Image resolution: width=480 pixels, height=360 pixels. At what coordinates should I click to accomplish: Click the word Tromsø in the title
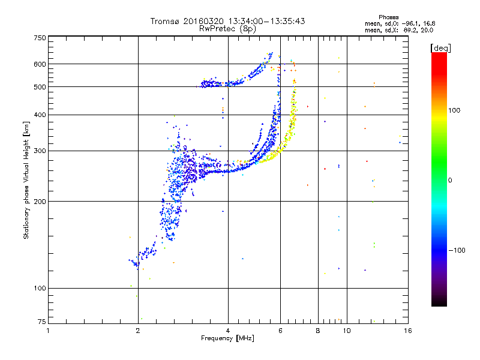pyautogui.click(x=166, y=21)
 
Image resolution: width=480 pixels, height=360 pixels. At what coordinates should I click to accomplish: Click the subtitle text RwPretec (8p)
pyautogui.click(x=227, y=29)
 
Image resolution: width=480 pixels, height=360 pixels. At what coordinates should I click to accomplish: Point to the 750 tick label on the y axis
pyautogui.click(x=40, y=38)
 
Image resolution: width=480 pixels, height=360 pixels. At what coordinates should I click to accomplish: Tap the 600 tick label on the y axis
pyautogui.click(x=40, y=64)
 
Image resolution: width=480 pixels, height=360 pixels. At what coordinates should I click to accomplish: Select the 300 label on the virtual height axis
pyautogui.click(x=40, y=151)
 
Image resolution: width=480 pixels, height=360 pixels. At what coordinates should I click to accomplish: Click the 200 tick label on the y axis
pyautogui.click(x=40, y=202)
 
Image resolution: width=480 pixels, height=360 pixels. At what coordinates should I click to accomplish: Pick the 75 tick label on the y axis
pyautogui.click(x=41, y=322)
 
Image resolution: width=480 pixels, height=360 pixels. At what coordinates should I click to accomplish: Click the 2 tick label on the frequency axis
pyautogui.click(x=138, y=331)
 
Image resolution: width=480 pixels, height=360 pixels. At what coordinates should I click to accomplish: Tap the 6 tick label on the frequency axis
pyautogui.click(x=280, y=331)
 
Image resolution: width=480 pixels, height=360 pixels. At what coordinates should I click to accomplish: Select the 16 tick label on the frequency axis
pyautogui.click(x=408, y=331)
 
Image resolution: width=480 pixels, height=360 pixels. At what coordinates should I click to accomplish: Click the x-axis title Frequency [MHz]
pyautogui.click(x=227, y=338)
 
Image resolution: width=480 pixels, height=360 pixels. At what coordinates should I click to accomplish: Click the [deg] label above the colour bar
pyautogui.click(x=440, y=49)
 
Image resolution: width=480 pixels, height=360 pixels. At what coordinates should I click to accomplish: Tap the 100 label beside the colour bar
pyautogui.click(x=454, y=110)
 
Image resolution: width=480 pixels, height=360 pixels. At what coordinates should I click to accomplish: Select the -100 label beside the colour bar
pyautogui.click(x=457, y=250)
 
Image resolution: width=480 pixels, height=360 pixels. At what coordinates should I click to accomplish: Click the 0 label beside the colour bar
pyautogui.click(x=450, y=181)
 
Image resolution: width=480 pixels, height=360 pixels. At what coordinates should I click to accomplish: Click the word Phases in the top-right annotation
pyautogui.click(x=388, y=17)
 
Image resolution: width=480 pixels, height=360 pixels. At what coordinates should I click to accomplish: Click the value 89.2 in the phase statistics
pyautogui.click(x=410, y=30)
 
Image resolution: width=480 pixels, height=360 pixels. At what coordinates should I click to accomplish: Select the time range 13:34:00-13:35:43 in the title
pyautogui.click(x=266, y=21)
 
